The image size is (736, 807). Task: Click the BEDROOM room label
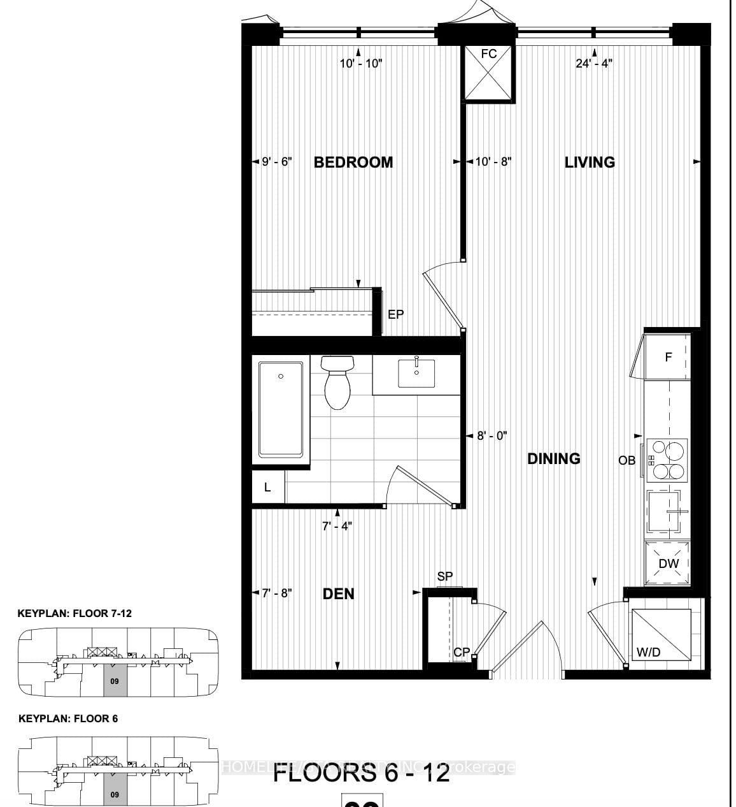(x=353, y=162)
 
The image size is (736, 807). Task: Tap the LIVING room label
(x=590, y=162)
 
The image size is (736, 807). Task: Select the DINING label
(x=554, y=458)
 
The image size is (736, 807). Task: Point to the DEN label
(x=339, y=593)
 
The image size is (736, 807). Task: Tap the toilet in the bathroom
(x=337, y=382)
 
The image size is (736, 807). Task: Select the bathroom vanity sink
(x=416, y=373)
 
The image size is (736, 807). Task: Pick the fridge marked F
(x=667, y=357)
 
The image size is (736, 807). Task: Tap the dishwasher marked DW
(x=668, y=563)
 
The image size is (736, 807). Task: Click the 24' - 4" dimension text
(x=594, y=64)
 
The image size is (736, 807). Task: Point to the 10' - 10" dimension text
(x=360, y=64)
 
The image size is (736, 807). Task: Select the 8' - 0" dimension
(x=492, y=436)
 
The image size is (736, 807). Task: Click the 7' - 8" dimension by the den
(x=277, y=593)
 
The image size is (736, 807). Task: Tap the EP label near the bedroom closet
(x=395, y=314)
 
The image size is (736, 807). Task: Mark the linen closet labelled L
(x=267, y=487)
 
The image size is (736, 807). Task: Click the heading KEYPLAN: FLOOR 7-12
(x=74, y=614)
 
